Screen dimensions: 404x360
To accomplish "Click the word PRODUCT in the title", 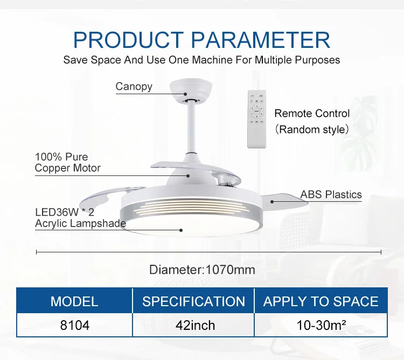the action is (128, 40).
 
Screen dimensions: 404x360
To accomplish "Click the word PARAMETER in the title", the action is (261, 40).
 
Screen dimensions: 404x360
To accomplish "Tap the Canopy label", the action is (134, 87).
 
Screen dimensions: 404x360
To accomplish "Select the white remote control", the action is (256, 119).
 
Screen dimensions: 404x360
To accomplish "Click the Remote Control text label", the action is (312, 113).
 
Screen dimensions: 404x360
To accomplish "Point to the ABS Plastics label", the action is (331, 195).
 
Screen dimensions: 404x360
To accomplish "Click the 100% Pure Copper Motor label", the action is (67, 163).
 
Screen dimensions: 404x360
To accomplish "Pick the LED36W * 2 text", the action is (65, 213).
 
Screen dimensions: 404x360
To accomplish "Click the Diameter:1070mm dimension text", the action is (202, 270).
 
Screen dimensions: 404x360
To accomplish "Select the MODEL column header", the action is (74, 301).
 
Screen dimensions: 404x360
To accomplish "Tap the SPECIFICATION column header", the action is (193, 301).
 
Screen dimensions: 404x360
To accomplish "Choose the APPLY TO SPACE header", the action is (321, 301).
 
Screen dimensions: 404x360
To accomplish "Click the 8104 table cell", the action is (75, 325).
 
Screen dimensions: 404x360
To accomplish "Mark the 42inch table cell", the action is (196, 325).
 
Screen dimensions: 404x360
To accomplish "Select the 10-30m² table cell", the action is (321, 325).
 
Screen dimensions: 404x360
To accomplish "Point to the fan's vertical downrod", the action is (191, 128).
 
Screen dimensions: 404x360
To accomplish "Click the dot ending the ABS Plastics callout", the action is (272, 202).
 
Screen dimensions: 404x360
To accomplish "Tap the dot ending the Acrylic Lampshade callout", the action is (181, 230).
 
